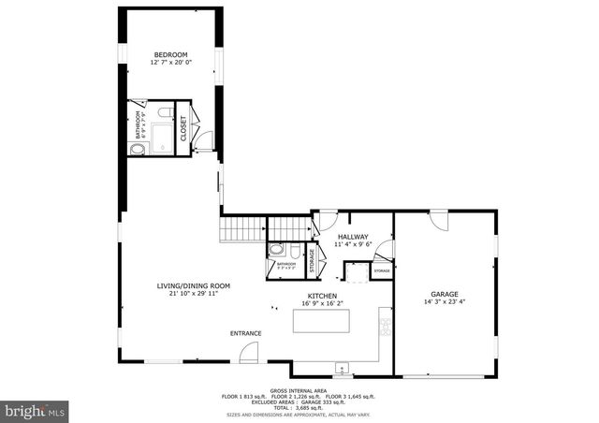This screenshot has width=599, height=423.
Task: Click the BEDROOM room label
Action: point(171,55)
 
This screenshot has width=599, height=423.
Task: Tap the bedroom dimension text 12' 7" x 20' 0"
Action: point(171,64)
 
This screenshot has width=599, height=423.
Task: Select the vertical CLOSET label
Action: point(183,128)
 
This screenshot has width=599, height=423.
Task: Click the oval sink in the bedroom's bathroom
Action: point(139,149)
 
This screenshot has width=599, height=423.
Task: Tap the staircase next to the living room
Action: point(241,229)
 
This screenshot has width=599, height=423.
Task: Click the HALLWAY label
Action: point(353,237)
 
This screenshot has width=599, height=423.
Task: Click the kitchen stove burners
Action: point(384,325)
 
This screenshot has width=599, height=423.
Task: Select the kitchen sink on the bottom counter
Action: point(342,366)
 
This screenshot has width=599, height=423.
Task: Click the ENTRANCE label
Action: point(246,333)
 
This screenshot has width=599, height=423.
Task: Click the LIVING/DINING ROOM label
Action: point(193,285)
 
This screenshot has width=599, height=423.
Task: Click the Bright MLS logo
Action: point(36,410)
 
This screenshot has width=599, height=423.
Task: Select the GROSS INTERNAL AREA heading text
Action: point(299,389)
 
